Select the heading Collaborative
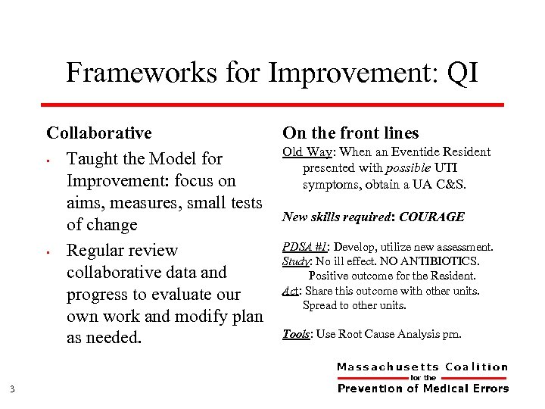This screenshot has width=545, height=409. click(x=99, y=133)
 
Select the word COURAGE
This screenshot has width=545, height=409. click(x=431, y=217)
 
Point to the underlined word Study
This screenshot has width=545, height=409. click(x=295, y=261)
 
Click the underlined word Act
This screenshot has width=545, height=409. click(x=291, y=291)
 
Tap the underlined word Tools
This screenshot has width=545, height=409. click(x=297, y=333)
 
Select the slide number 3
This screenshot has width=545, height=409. click(x=14, y=390)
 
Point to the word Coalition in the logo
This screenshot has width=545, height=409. click(x=477, y=367)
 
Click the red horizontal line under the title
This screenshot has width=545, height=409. click(x=272, y=104)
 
